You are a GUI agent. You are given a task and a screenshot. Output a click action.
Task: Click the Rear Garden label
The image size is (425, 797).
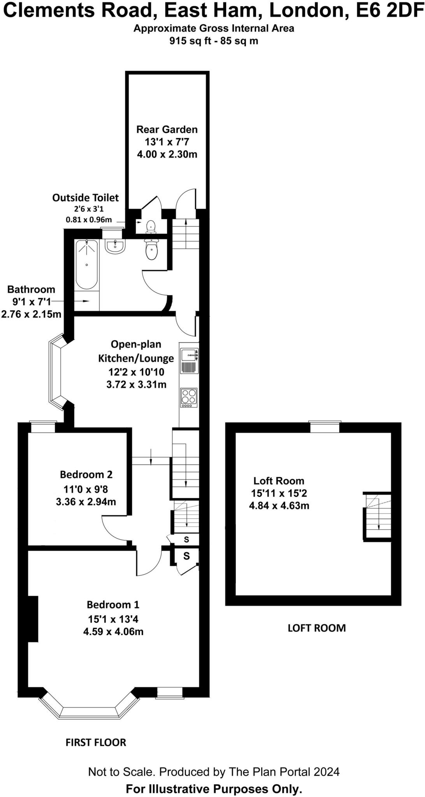pyautogui.click(x=167, y=129)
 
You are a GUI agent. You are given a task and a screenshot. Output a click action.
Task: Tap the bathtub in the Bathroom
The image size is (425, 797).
pyautogui.click(x=86, y=264)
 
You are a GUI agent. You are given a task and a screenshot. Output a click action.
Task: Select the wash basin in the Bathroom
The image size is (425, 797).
pyautogui.click(x=115, y=246)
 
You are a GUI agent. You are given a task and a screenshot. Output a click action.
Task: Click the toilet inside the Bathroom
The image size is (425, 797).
pyautogui.click(x=151, y=249)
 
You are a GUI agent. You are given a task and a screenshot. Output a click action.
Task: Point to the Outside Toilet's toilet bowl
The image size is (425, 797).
pyautogui.click(x=151, y=226)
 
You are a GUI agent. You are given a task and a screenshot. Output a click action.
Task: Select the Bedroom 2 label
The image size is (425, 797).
pyautogui.click(x=86, y=474)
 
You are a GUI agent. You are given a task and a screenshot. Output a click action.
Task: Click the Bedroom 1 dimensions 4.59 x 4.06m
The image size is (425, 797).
pyautogui.click(x=113, y=631)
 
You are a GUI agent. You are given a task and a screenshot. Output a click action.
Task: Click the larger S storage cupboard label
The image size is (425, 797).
pyautogui.click(x=186, y=556)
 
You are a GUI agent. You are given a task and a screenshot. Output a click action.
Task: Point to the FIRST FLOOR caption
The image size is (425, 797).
pyautogui.click(x=96, y=743)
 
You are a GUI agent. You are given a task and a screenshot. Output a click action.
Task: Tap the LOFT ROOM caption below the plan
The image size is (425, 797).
pyautogui.click(x=316, y=628)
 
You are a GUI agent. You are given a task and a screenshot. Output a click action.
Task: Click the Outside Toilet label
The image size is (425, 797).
pyautogui.click(x=86, y=198)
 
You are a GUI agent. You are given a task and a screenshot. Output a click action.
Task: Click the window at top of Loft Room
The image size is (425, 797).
pyautogui.click(x=325, y=427)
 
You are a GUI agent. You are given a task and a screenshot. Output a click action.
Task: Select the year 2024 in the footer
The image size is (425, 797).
pyautogui.click(x=327, y=772)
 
